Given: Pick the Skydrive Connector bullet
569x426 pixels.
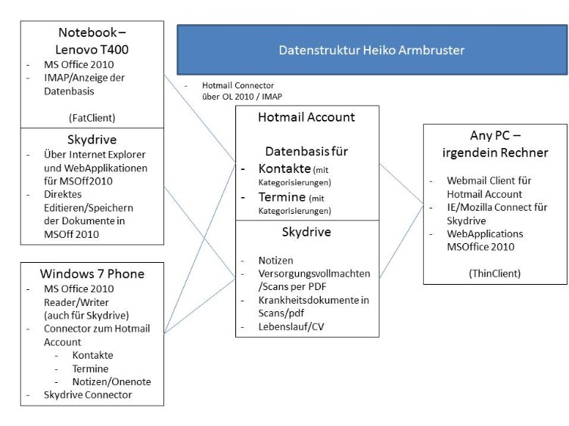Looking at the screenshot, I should click(87, 395).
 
